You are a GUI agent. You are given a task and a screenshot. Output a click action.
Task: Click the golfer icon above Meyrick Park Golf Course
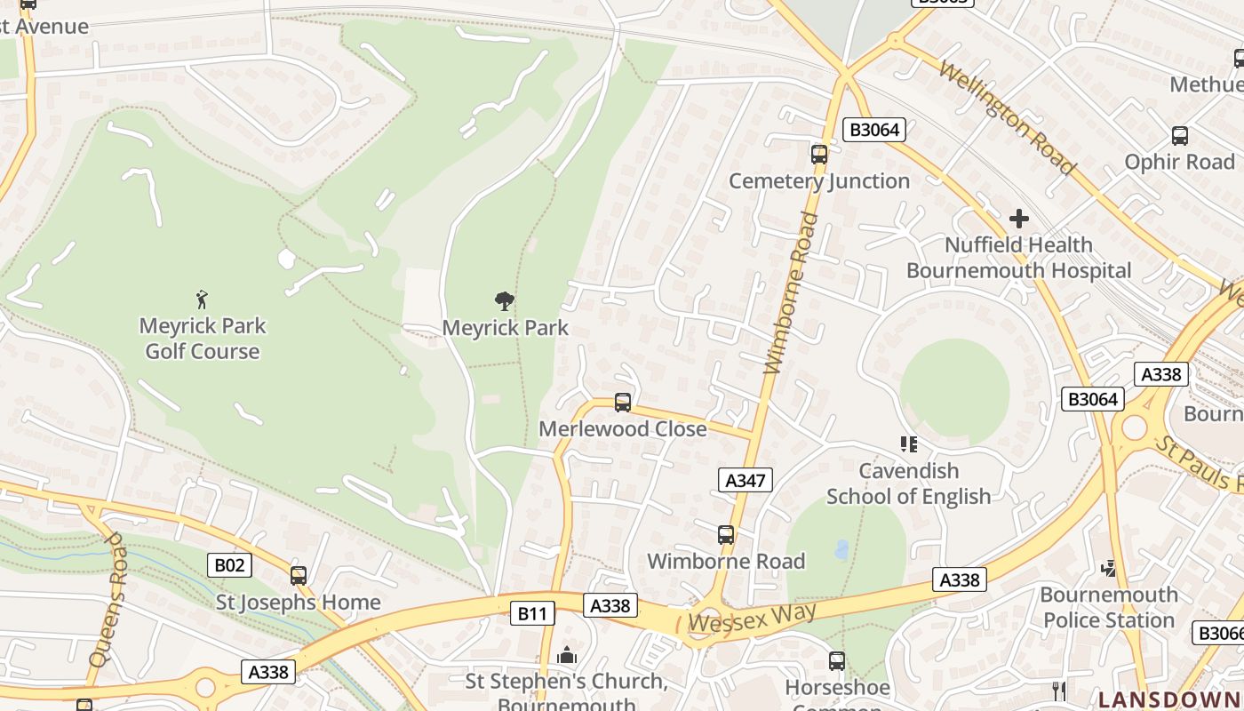(202, 300)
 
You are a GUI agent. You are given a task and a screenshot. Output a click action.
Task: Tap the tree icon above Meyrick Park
(505, 301)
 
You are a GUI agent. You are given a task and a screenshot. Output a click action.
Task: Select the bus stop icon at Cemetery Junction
(819, 154)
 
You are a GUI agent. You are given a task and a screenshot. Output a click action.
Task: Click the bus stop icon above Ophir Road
(1180, 136)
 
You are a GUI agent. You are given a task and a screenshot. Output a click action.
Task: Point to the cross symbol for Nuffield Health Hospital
(1019, 218)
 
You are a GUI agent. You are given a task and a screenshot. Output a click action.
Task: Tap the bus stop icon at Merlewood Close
(623, 403)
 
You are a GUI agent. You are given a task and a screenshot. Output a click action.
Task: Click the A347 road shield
(745, 481)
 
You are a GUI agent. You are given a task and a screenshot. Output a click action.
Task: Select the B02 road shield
(230, 565)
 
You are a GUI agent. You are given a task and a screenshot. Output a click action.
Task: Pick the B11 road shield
(532, 612)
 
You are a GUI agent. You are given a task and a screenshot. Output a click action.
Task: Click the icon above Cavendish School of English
(908, 443)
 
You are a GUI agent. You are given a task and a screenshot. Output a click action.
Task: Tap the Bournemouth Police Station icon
(1108, 568)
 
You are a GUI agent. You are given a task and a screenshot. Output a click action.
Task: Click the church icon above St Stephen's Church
(567, 656)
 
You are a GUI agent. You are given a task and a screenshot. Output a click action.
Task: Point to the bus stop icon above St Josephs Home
(299, 575)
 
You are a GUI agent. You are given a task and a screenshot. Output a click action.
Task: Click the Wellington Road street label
(1007, 118)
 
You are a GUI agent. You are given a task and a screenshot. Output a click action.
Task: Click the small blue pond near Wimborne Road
(841, 549)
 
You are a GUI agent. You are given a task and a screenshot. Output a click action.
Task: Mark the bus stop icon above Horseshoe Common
(836, 660)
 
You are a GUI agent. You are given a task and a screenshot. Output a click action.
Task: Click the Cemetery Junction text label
(819, 181)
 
